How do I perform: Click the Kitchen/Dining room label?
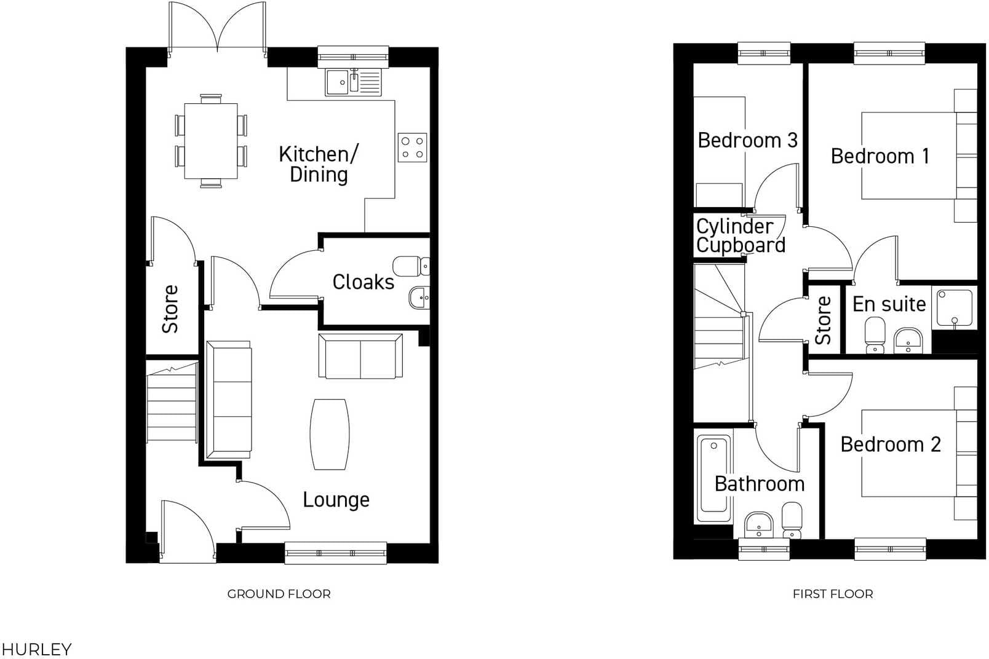tap(318, 164)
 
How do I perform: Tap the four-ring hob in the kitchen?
tap(412, 148)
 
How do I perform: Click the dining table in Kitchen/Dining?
tap(211, 141)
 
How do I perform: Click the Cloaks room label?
tap(363, 282)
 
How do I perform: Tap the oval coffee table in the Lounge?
tap(330, 435)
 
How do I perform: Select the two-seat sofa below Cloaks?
tap(360, 356)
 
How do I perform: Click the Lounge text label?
tap(336, 500)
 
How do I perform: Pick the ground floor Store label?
tap(170, 309)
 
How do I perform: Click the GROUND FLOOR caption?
tap(279, 594)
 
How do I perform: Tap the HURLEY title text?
tap(36, 649)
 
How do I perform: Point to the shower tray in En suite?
tap(954, 307)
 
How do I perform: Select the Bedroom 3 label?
tap(747, 140)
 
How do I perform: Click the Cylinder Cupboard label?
tap(741, 236)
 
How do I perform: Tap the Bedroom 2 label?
tap(890, 444)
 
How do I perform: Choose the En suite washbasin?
tap(908, 341)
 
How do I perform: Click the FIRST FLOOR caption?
tap(832, 594)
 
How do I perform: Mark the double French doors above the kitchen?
tap(218, 28)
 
